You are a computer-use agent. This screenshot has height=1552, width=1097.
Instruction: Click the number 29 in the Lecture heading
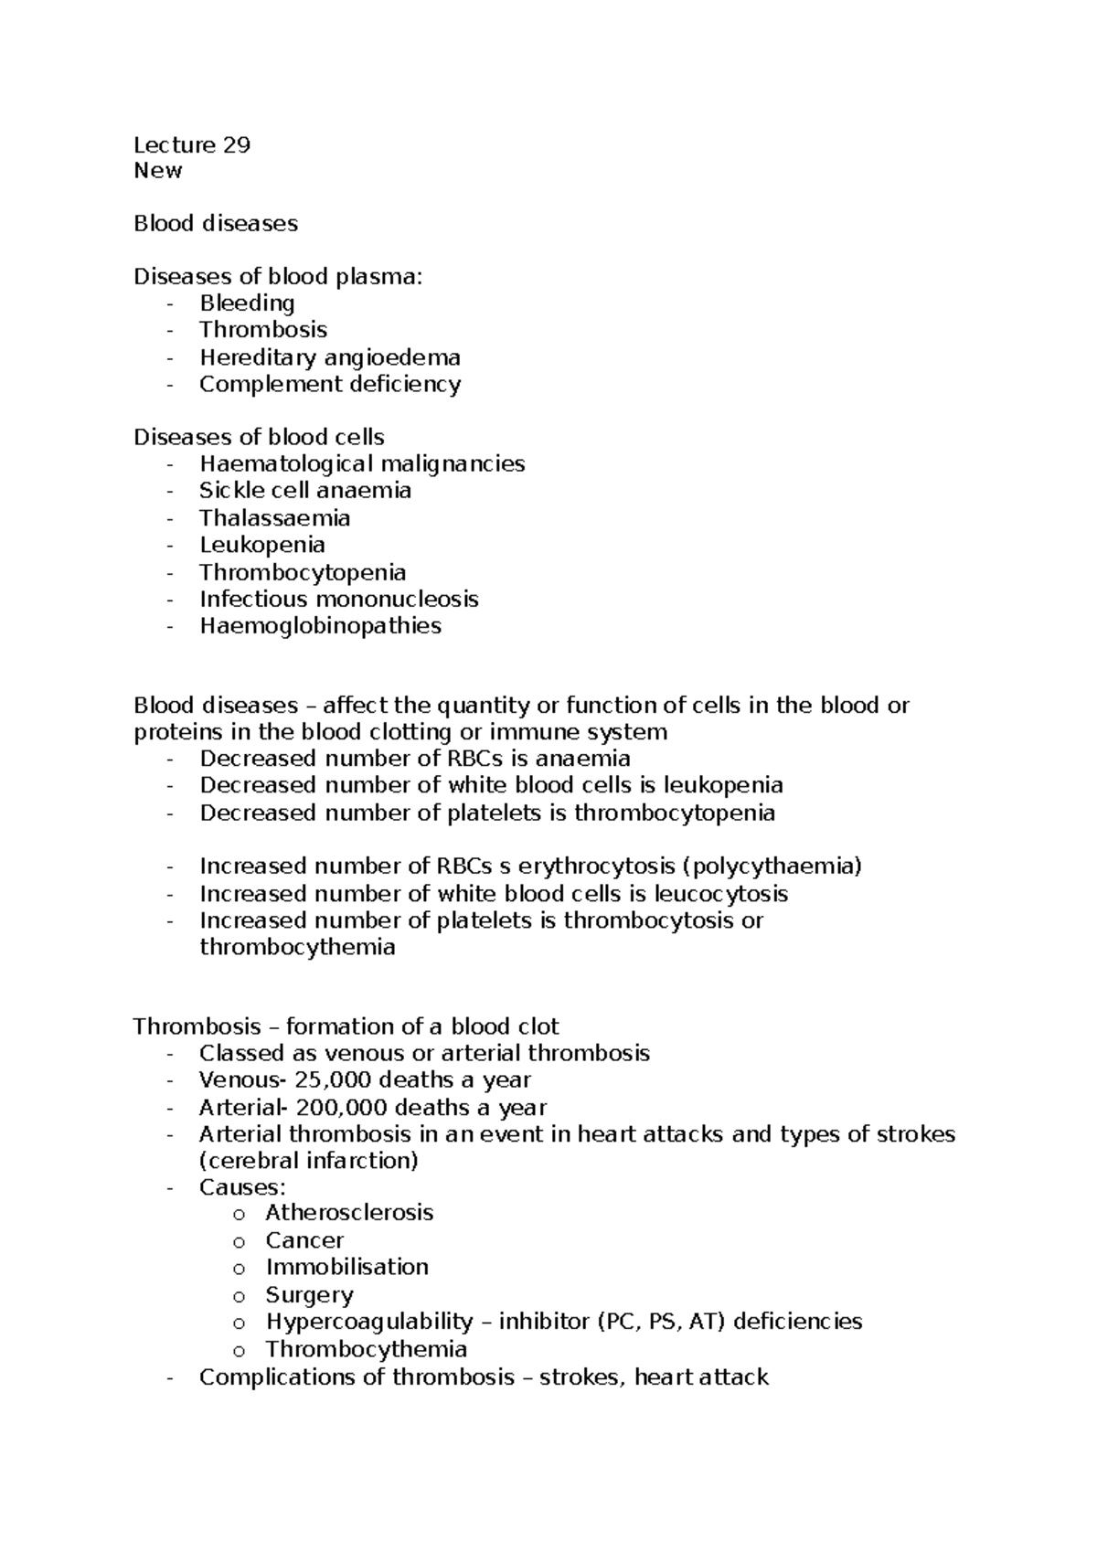click(236, 145)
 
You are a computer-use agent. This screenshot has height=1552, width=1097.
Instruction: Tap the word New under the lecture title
click(157, 171)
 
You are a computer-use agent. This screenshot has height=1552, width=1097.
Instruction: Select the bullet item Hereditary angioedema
click(329, 357)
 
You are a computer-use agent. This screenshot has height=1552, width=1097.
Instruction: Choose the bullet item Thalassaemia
click(274, 518)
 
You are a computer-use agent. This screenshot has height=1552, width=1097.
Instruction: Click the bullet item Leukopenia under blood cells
click(261, 545)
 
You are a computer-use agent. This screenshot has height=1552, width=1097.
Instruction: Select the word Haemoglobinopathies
click(320, 626)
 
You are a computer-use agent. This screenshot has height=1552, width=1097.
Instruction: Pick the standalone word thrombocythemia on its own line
click(297, 947)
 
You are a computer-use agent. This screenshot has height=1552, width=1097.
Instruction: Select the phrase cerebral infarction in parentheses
click(308, 1161)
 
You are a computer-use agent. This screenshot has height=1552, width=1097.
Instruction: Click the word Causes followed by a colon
click(239, 1187)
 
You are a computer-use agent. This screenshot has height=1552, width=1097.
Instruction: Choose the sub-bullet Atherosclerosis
click(349, 1214)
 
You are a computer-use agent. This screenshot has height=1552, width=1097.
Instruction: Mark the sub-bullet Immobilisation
click(346, 1268)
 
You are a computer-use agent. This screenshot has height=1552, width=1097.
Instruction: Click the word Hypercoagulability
click(369, 1322)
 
